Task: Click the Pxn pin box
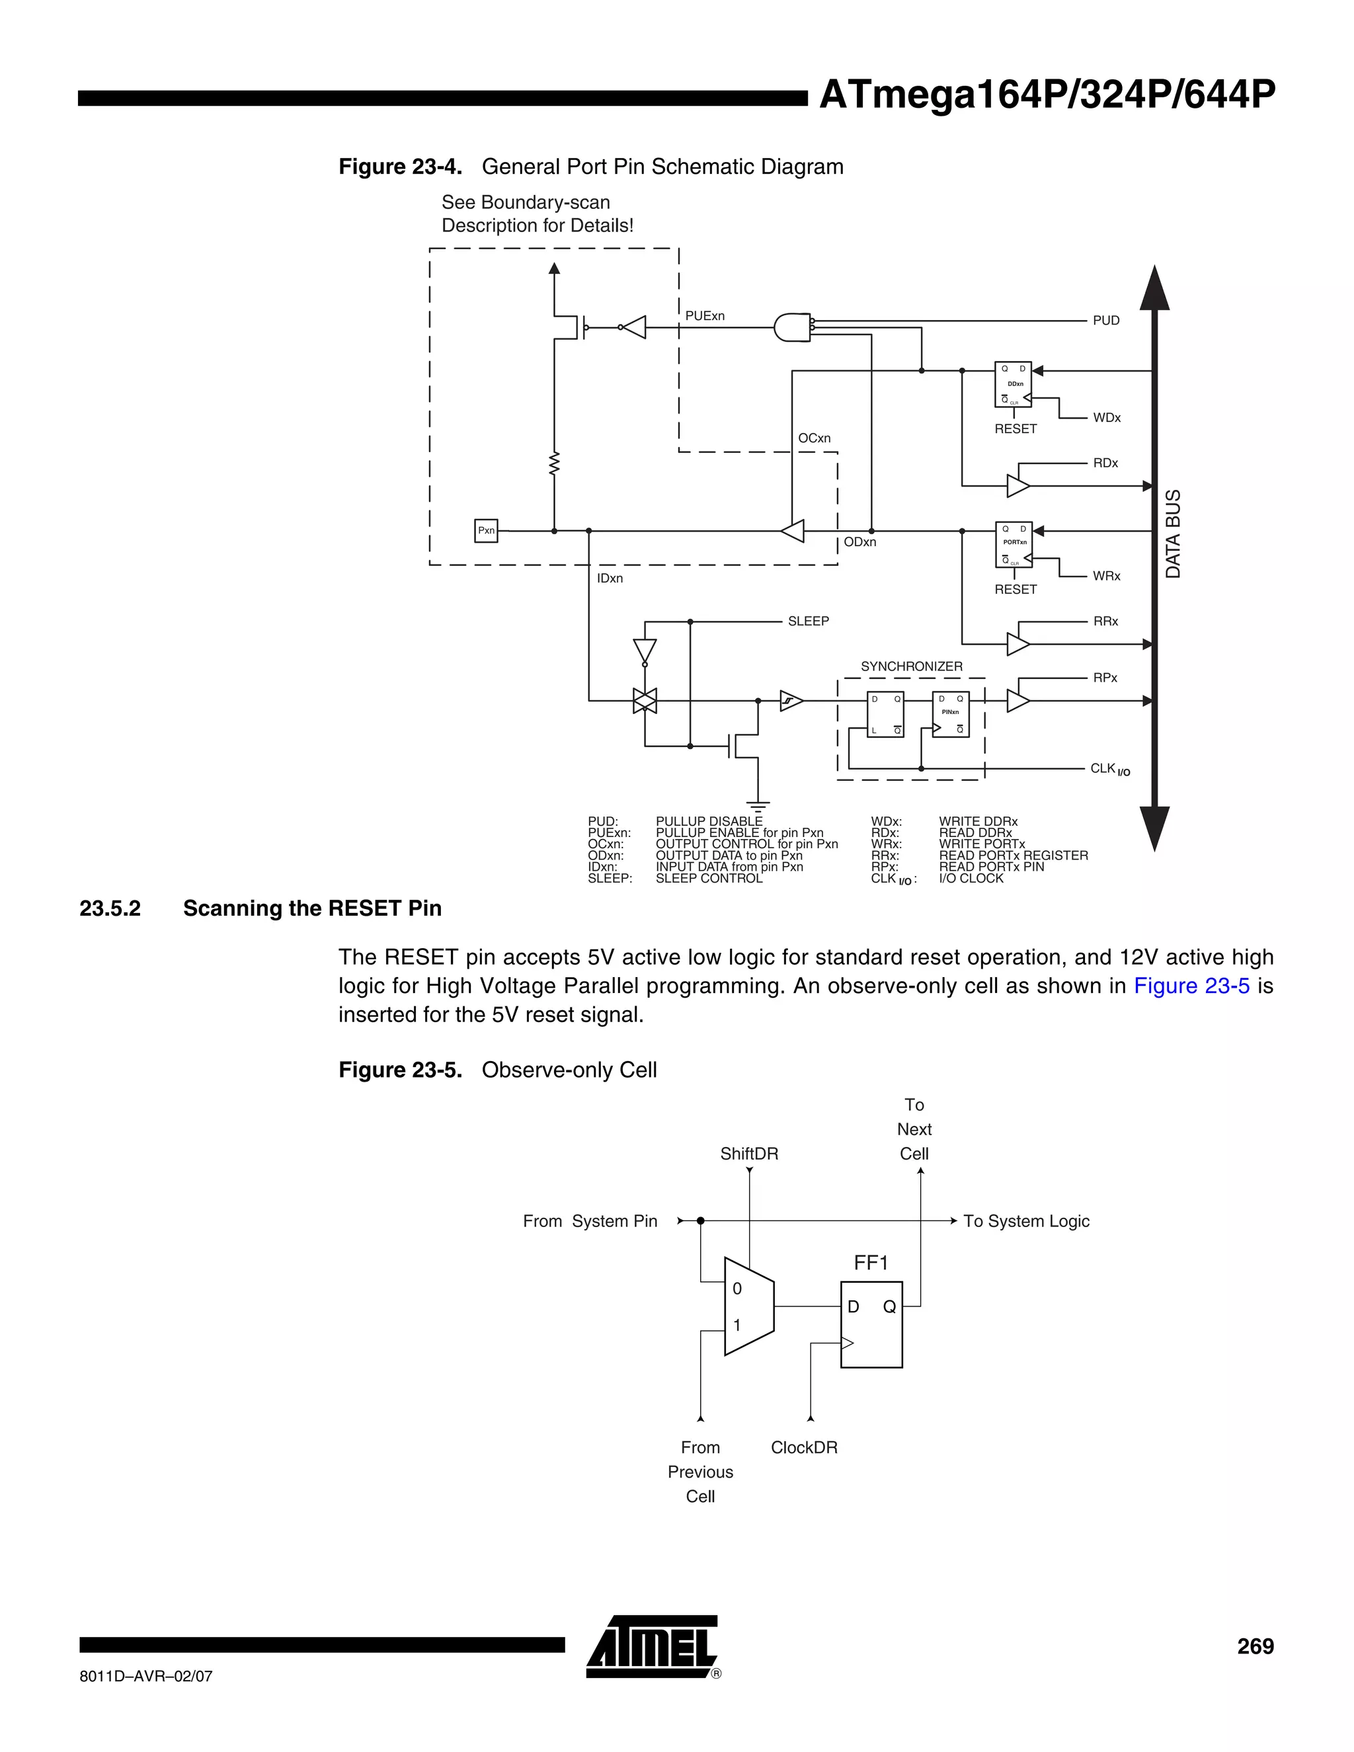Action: tap(486, 530)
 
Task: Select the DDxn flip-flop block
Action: tap(1013, 385)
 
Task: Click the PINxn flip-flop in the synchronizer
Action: tap(951, 714)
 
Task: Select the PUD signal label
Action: tap(1105, 321)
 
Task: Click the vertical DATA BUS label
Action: tap(1173, 534)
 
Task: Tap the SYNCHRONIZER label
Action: tap(911, 666)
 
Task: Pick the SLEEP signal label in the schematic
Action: tap(808, 621)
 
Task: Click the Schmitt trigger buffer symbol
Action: tap(791, 701)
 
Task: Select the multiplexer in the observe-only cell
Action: tap(748, 1307)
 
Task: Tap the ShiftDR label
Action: tap(749, 1154)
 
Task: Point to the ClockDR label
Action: tap(804, 1447)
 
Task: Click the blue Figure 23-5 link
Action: tap(1191, 986)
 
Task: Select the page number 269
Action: tap(1255, 1646)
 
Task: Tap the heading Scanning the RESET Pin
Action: tap(312, 908)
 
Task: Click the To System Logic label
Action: tap(1026, 1221)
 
